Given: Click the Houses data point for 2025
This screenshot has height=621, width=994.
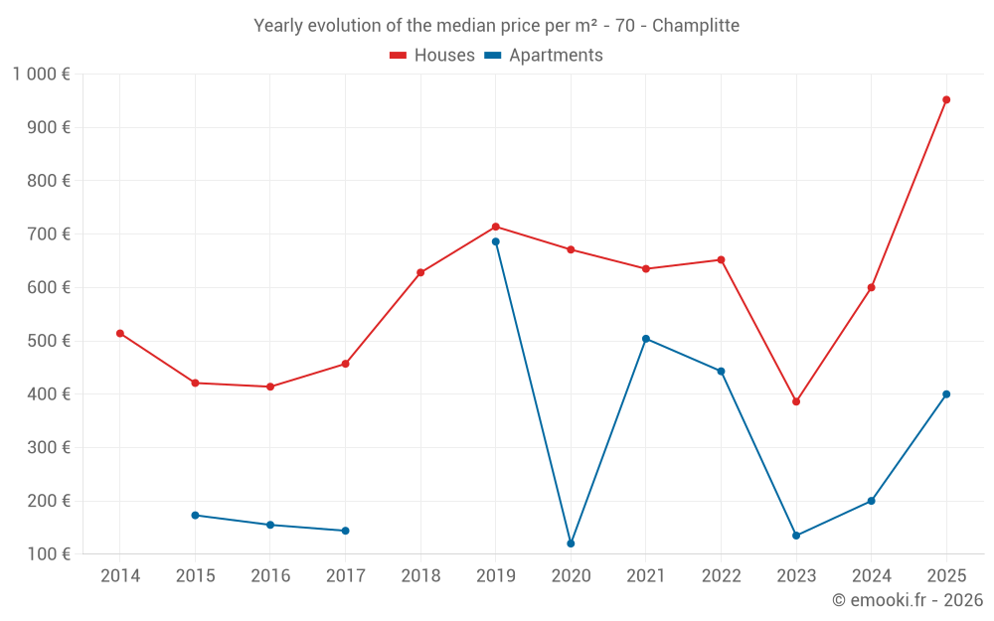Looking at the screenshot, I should tap(946, 99).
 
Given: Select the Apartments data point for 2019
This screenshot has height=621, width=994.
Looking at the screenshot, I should tap(496, 241).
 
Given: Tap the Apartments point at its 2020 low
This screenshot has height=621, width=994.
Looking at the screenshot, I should tap(571, 543).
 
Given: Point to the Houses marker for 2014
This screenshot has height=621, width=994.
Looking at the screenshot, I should tap(120, 333).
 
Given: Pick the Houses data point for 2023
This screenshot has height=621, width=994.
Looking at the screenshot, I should tap(796, 401).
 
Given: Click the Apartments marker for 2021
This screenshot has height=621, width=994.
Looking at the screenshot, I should tap(646, 339).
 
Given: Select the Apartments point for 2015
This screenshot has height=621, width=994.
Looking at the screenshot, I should tap(195, 515).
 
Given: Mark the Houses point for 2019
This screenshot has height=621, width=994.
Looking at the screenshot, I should tap(496, 227).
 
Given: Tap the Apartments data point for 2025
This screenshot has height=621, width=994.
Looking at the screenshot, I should tap(946, 394).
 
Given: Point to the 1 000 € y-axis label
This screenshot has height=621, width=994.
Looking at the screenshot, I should tap(42, 75).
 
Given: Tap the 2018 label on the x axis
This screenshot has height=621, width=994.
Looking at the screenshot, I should tap(420, 575).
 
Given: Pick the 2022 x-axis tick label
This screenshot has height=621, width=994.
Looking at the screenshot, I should tap(721, 575).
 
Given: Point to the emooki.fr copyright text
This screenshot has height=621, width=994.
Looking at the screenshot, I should tap(907, 600).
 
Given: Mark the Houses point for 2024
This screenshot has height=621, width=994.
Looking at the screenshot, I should tap(871, 287).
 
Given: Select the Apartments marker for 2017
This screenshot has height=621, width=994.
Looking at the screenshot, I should tap(345, 531).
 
